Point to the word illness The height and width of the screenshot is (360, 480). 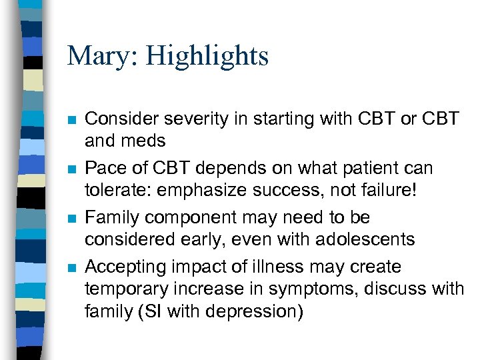click(x=256, y=267)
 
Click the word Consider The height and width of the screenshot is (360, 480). click(x=117, y=119)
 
